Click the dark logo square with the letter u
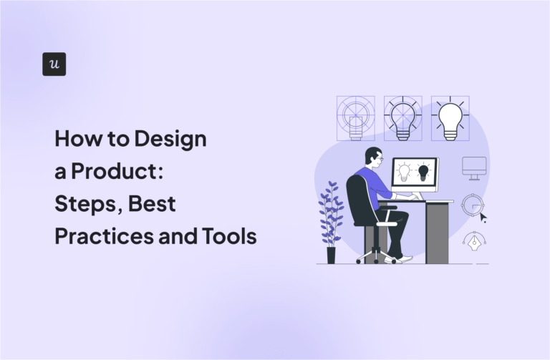(54, 64)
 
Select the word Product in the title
(106, 172)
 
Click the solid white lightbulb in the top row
(450, 119)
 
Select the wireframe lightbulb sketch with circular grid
(355, 118)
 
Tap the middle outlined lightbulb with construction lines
(402, 118)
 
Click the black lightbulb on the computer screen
(423, 172)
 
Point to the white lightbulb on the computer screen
(405, 172)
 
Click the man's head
(375, 157)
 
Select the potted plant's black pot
(331, 255)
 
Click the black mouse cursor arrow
(483, 217)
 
